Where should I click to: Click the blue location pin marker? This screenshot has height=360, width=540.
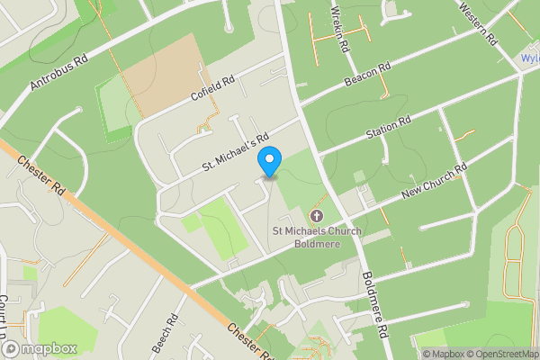tap(269, 162)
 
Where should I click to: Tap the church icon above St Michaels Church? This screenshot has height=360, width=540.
tap(316, 216)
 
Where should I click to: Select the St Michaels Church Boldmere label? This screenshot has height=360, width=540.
tap(317, 237)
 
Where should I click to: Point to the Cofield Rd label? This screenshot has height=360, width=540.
tap(212, 88)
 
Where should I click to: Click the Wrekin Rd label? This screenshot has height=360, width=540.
tap(339, 28)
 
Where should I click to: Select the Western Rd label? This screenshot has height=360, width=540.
tap(477, 24)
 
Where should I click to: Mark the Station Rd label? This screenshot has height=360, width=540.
tap(388, 128)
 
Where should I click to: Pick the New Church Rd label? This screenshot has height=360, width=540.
tap(435, 182)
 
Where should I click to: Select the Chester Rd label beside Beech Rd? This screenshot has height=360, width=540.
tap(248, 339)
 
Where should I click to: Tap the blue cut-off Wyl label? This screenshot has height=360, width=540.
tap(529, 58)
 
